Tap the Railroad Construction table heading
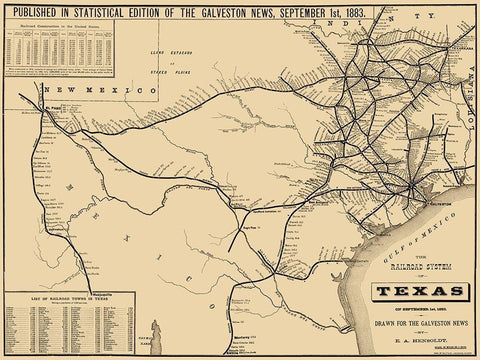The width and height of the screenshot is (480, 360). [x=60, y=25]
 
